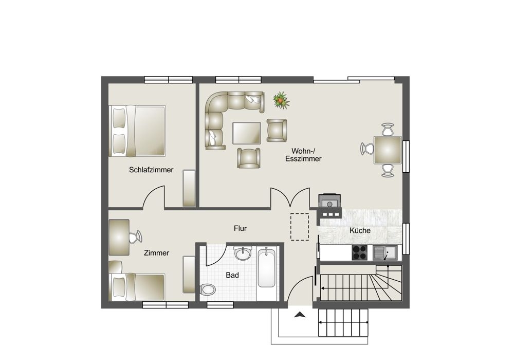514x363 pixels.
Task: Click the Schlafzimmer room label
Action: click(x=151, y=170)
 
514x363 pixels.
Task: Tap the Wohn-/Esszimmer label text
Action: click(x=303, y=155)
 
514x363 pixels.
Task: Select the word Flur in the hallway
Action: click(x=240, y=228)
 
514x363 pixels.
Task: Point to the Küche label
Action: click(x=360, y=230)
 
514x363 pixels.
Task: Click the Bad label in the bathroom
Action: click(x=232, y=275)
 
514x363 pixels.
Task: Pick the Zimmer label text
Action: click(x=156, y=253)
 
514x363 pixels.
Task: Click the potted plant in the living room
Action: click(x=281, y=100)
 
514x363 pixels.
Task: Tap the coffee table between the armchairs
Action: click(x=247, y=133)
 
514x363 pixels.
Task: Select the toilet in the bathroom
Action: click(x=208, y=289)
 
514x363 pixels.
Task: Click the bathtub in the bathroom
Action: click(x=266, y=268)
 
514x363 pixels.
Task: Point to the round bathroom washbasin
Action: click(x=243, y=253)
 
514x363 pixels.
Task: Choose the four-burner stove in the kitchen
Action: click(x=360, y=252)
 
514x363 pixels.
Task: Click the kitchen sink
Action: click(x=385, y=252)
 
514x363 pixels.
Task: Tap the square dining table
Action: click(x=388, y=150)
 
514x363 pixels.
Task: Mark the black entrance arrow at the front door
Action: click(x=300, y=315)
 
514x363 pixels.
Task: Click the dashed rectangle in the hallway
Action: click(x=300, y=227)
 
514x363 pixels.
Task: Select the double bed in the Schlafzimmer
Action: click(x=137, y=131)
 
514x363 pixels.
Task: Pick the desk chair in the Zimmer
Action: click(x=135, y=237)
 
